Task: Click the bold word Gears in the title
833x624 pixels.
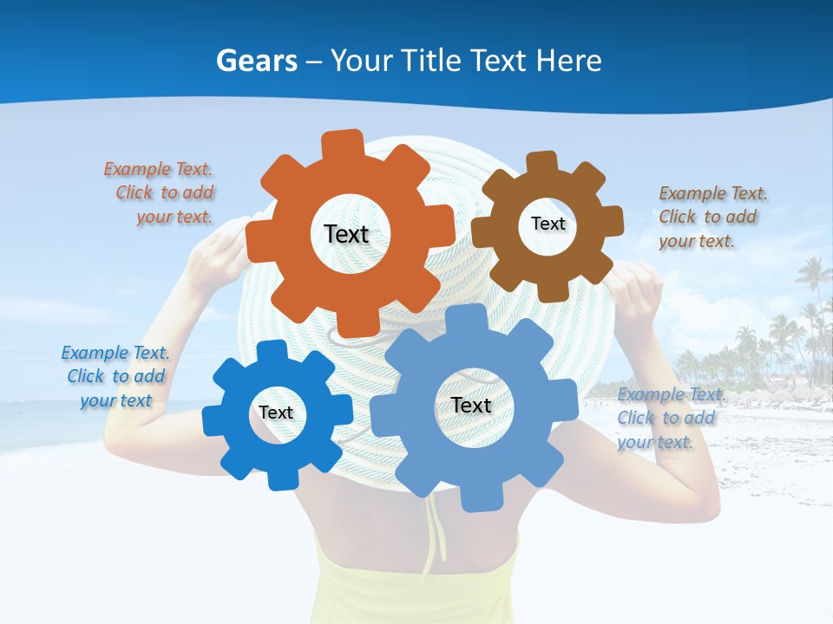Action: (256, 61)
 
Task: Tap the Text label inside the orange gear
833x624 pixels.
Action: (346, 234)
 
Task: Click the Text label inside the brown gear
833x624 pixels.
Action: (548, 224)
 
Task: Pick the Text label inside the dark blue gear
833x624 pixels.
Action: (276, 413)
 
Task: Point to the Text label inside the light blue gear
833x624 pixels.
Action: (471, 405)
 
